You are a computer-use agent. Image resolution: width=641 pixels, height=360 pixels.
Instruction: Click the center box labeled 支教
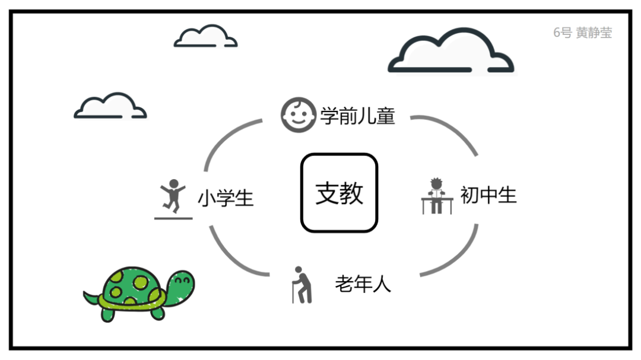(339, 193)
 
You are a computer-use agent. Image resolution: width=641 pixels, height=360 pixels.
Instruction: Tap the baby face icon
(298, 114)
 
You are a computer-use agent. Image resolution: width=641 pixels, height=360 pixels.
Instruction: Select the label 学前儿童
(357, 115)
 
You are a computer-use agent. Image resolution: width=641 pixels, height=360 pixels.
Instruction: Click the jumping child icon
(173, 196)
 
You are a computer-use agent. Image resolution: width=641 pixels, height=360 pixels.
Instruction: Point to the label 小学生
(226, 197)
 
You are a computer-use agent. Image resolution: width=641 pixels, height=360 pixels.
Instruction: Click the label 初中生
(488, 195)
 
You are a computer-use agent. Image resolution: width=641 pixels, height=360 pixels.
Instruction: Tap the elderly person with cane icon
(302, 285)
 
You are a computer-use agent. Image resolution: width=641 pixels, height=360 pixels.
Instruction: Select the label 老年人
(363, 284)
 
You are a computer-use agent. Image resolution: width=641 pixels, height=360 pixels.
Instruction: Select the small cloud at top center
(205, 37)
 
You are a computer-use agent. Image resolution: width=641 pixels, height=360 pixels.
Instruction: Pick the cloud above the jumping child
(110, 106)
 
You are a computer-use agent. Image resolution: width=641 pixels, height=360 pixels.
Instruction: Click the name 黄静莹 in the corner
(594, 33)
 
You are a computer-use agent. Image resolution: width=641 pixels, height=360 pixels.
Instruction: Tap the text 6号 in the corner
(562, 33)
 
